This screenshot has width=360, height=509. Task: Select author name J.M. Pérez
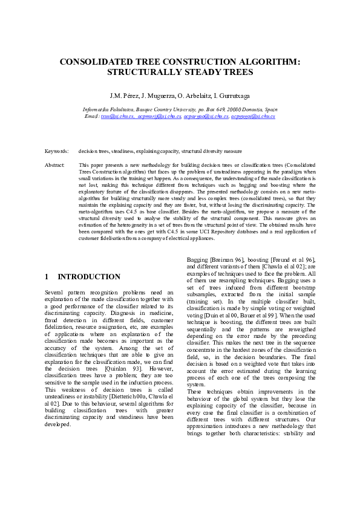pyautogui.click(x=123, y=96)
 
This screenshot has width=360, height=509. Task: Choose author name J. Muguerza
pyautogui.click(x=154, y=96)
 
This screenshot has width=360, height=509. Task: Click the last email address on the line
pyautogui.click(x=252, y=115)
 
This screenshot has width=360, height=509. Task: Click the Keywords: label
pyautogui.click(x=57, y=151)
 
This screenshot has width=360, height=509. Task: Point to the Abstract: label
pyautogui.click(x=56, y=164)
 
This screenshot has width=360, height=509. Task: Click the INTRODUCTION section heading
pyautogui.click(x=89, y=277)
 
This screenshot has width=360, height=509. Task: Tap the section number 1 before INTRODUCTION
pyautogui.click(x=47, y=277)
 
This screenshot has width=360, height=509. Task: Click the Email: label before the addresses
pyautogui.click(x=92, y=115)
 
